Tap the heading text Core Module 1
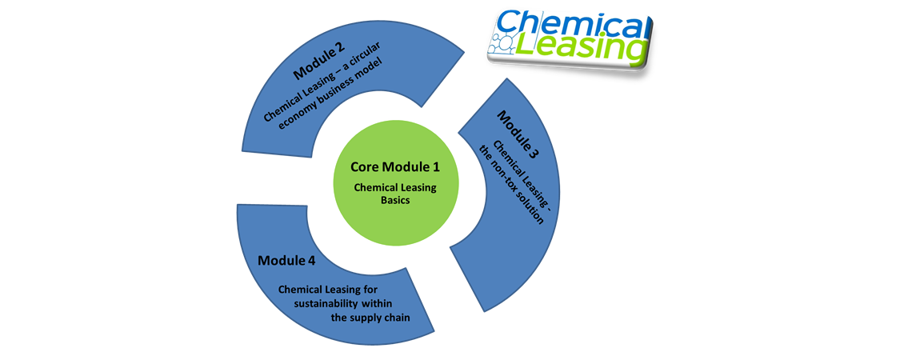tap(395, 167)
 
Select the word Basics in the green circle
tap(395, 201)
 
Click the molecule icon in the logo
tap(504, 45)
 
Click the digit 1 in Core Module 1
tap(437, 167)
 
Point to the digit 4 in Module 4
tap(311, 260)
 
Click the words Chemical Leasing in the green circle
tap(395, 188)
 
